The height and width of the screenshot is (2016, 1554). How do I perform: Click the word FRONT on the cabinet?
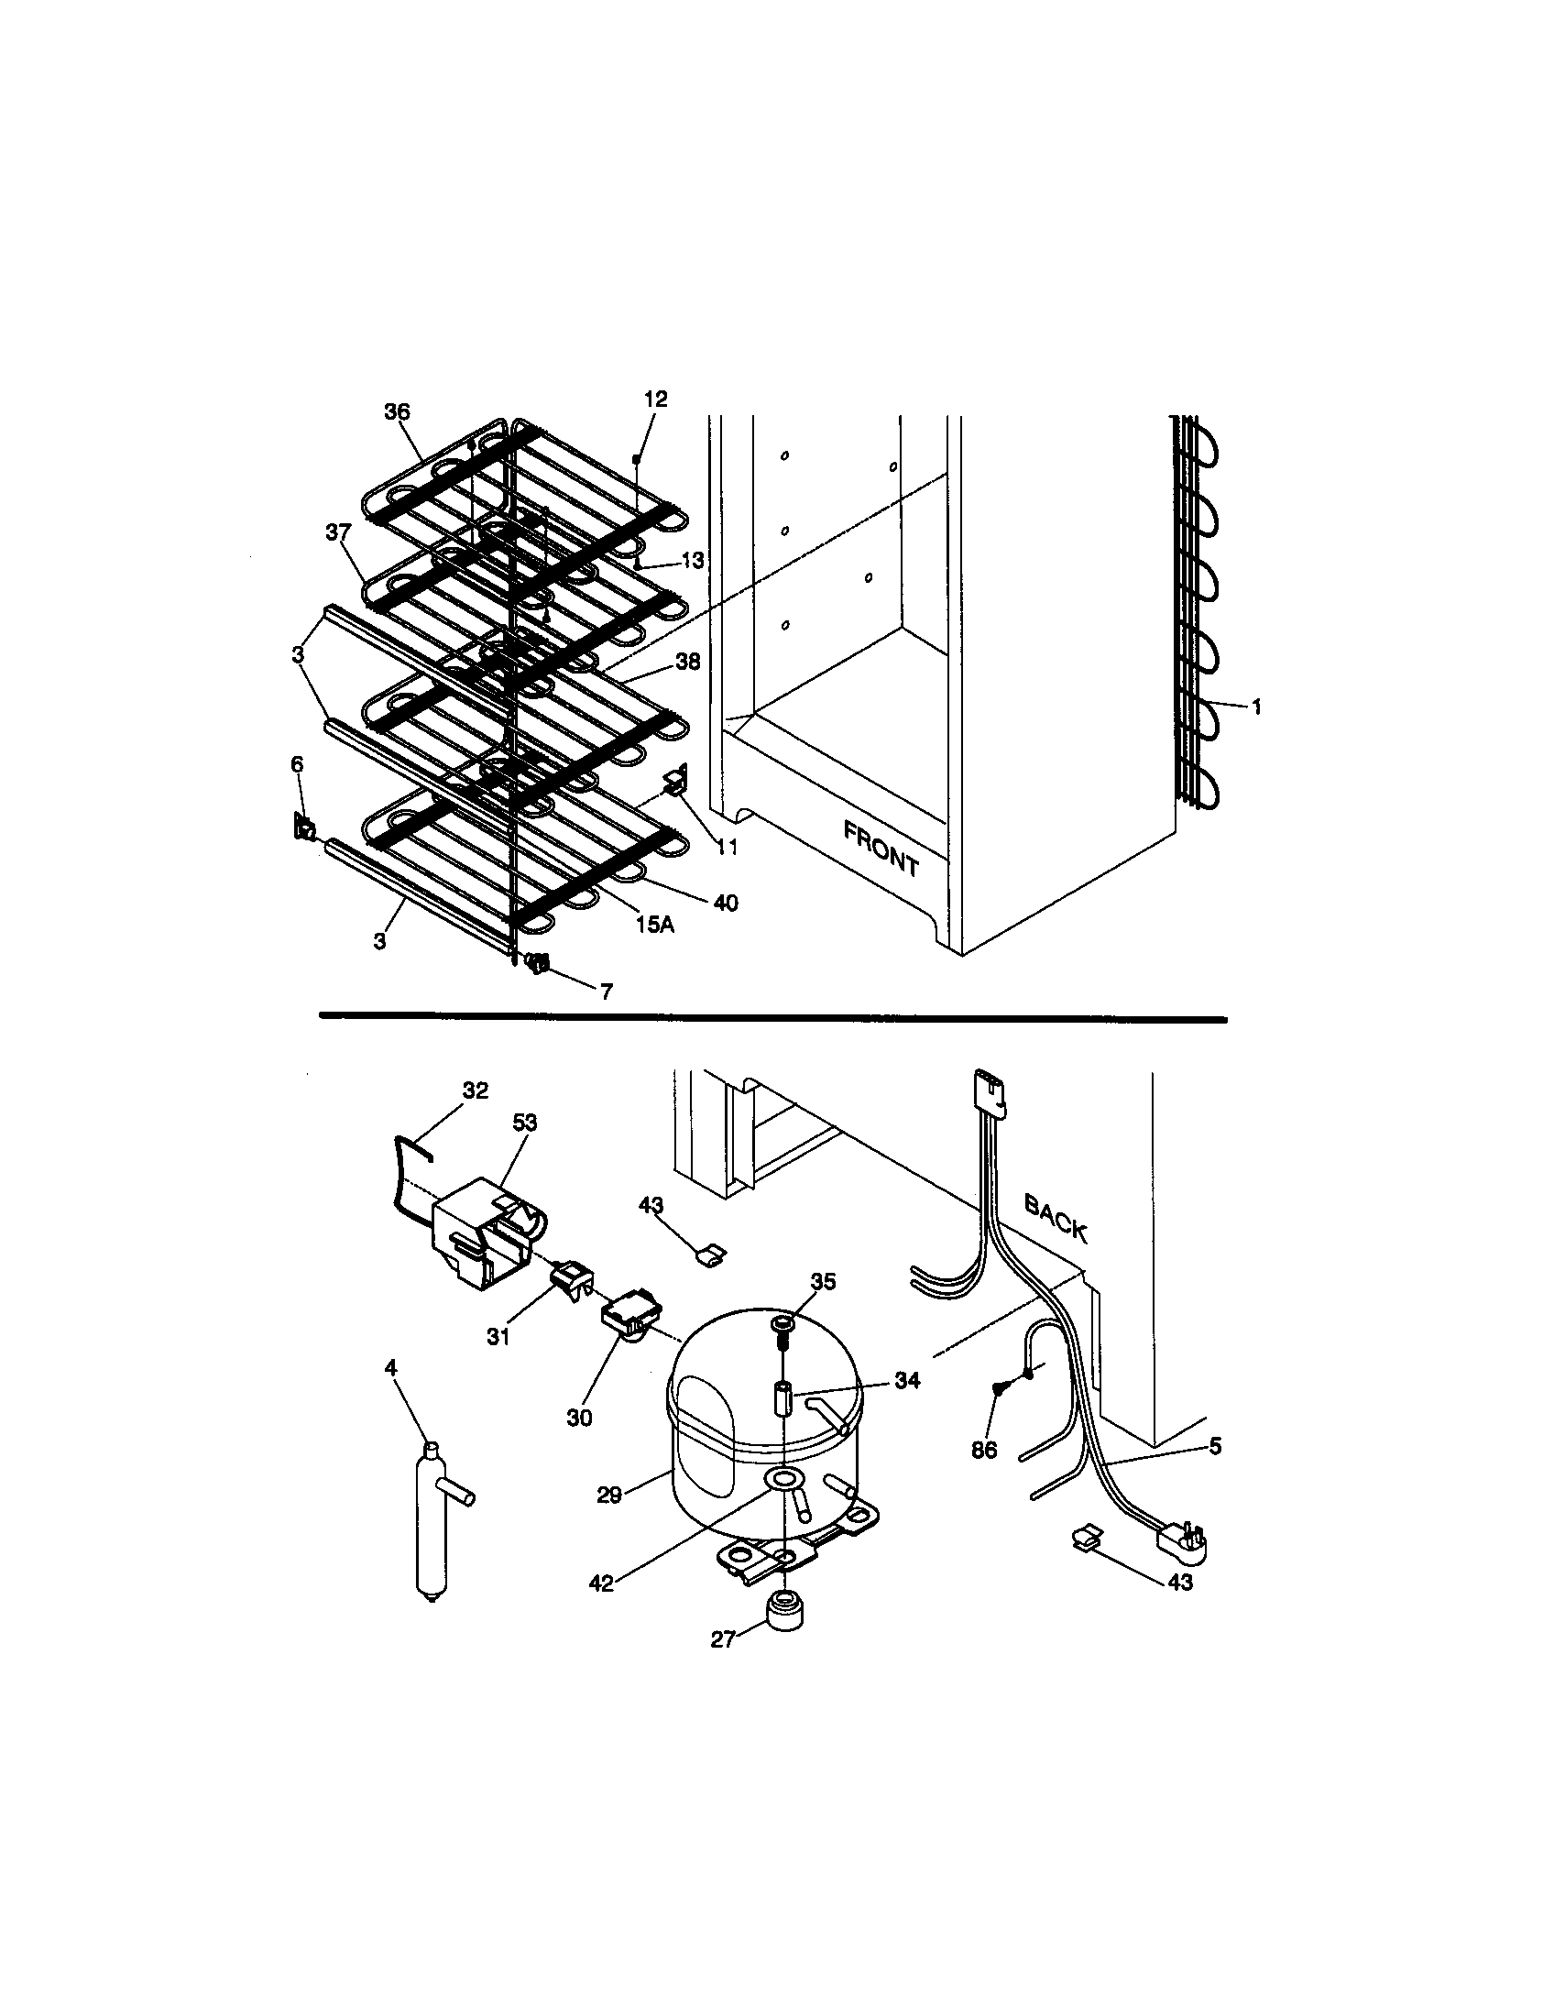tap(881, 849)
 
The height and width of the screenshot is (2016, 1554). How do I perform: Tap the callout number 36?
tap(397, 411)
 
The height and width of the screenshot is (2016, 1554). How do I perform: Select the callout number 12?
tap(655, 399)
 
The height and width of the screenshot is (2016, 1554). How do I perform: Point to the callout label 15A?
tap(654, 924)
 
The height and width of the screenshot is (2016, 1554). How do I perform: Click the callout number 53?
tap(525, 1123)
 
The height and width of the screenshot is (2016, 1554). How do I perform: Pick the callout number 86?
tap(984, 1451)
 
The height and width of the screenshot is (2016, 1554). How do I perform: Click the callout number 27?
tap(723, 1639)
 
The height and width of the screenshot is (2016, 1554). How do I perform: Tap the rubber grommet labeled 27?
tap(782, 1614)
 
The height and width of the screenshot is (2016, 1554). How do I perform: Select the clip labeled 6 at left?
tap(302, 828)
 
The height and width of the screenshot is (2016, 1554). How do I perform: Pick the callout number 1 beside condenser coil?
tap(1255, 708)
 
